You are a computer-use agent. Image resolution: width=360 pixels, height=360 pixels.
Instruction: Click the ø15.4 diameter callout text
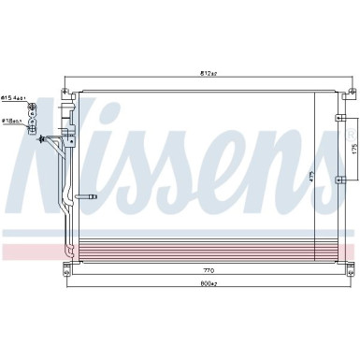13,96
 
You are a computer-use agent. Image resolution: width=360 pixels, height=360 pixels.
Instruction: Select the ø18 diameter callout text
12,120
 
